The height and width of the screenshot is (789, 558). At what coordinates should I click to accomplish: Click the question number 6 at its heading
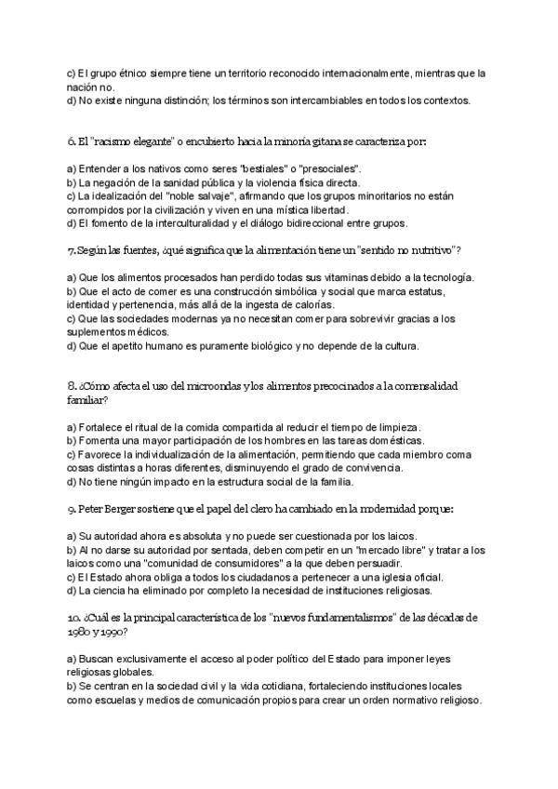pyautogui.click(x=72, y=141)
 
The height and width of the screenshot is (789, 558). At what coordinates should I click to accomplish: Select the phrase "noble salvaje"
pyautogui.click(x=201, y=196)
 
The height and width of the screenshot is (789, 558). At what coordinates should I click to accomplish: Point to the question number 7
pyautogui.click(x=72, y=251)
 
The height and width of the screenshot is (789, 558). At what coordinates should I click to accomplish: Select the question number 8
pyautogui.click(x=72, y=385)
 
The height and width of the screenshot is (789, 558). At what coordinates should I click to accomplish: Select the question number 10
pyautogui.click(x=75, y=618)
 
